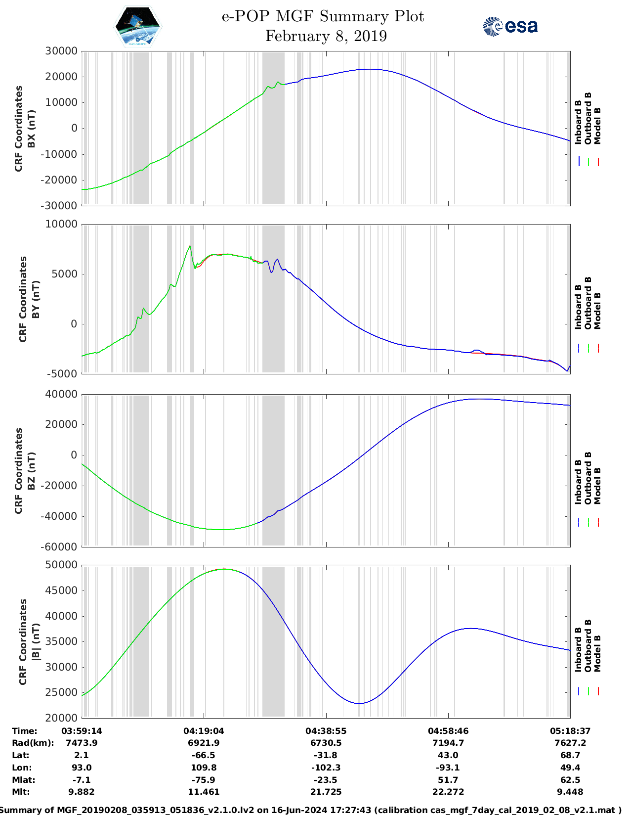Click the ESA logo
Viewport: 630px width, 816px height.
tap(510, 26)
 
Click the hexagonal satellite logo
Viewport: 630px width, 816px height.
tap(137, 26)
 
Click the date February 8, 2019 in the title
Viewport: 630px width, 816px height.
tap(326, 36)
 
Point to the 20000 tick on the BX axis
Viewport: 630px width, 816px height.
tap(61, 77)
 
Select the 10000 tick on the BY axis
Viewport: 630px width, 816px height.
tap(61, 224)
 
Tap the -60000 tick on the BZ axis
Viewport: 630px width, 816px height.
tap(59, 547)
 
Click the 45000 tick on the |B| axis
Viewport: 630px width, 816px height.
tap(61, 590)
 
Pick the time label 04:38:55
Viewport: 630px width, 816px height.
tap(326, 731)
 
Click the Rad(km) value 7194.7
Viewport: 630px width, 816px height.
tap(448, 743)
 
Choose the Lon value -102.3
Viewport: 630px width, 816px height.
tap(326, 768)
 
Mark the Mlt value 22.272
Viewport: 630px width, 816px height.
tap(448, 792)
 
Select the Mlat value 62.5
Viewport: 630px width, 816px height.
tap(570, 780)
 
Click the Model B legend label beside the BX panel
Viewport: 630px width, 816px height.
tap(598, 126)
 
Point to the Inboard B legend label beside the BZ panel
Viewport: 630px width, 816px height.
tap(578, 482)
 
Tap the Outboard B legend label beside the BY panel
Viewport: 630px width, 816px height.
tap(588, 303)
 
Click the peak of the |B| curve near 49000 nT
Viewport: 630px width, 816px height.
tap(224, 569)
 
